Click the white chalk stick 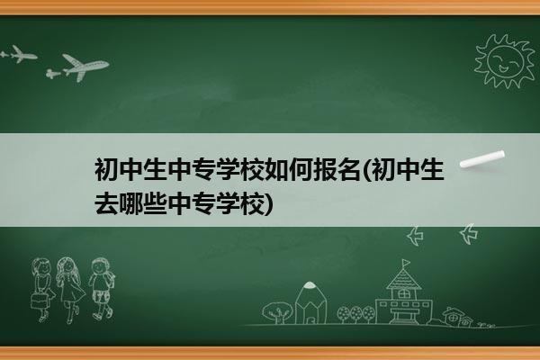coord(482,159)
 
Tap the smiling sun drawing coord(504,61)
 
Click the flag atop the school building coord(406,263)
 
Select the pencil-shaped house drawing coord(310,302)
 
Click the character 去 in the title coord(107,203)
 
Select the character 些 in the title coord(156,203)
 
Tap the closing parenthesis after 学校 coord(269,204)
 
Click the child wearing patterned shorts coord(102,288)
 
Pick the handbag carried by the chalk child coord(39,301)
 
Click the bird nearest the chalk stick coord(469,234)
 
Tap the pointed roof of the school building coord(403,278)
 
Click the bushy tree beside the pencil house coord(277,312)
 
